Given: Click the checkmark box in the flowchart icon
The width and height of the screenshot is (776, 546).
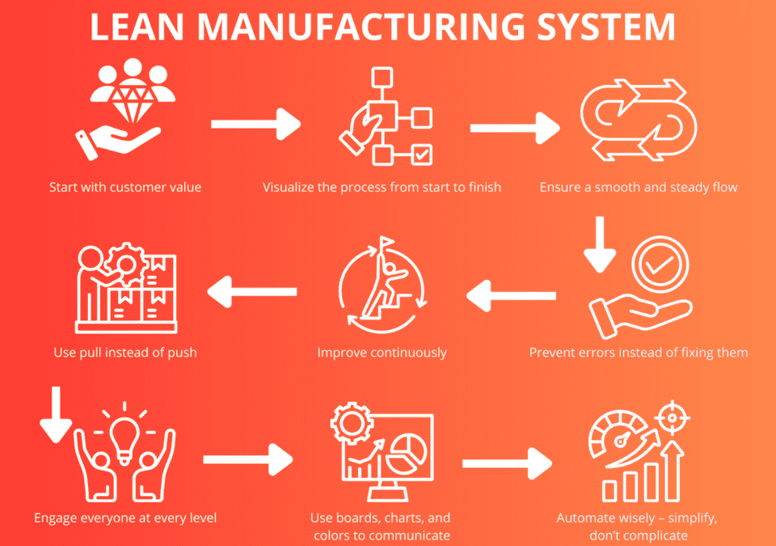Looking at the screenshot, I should pos(422,154).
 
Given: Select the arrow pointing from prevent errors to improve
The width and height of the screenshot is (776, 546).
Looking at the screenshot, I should pos(510,292).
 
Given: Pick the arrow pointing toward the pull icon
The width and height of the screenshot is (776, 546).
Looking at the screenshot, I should pos(251,292).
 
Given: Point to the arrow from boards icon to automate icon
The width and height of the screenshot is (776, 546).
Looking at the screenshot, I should pos(507,463).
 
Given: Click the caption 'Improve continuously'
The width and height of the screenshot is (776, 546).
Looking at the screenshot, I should pos(382,353).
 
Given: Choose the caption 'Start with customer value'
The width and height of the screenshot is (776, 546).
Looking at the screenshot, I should pos(125,188).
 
